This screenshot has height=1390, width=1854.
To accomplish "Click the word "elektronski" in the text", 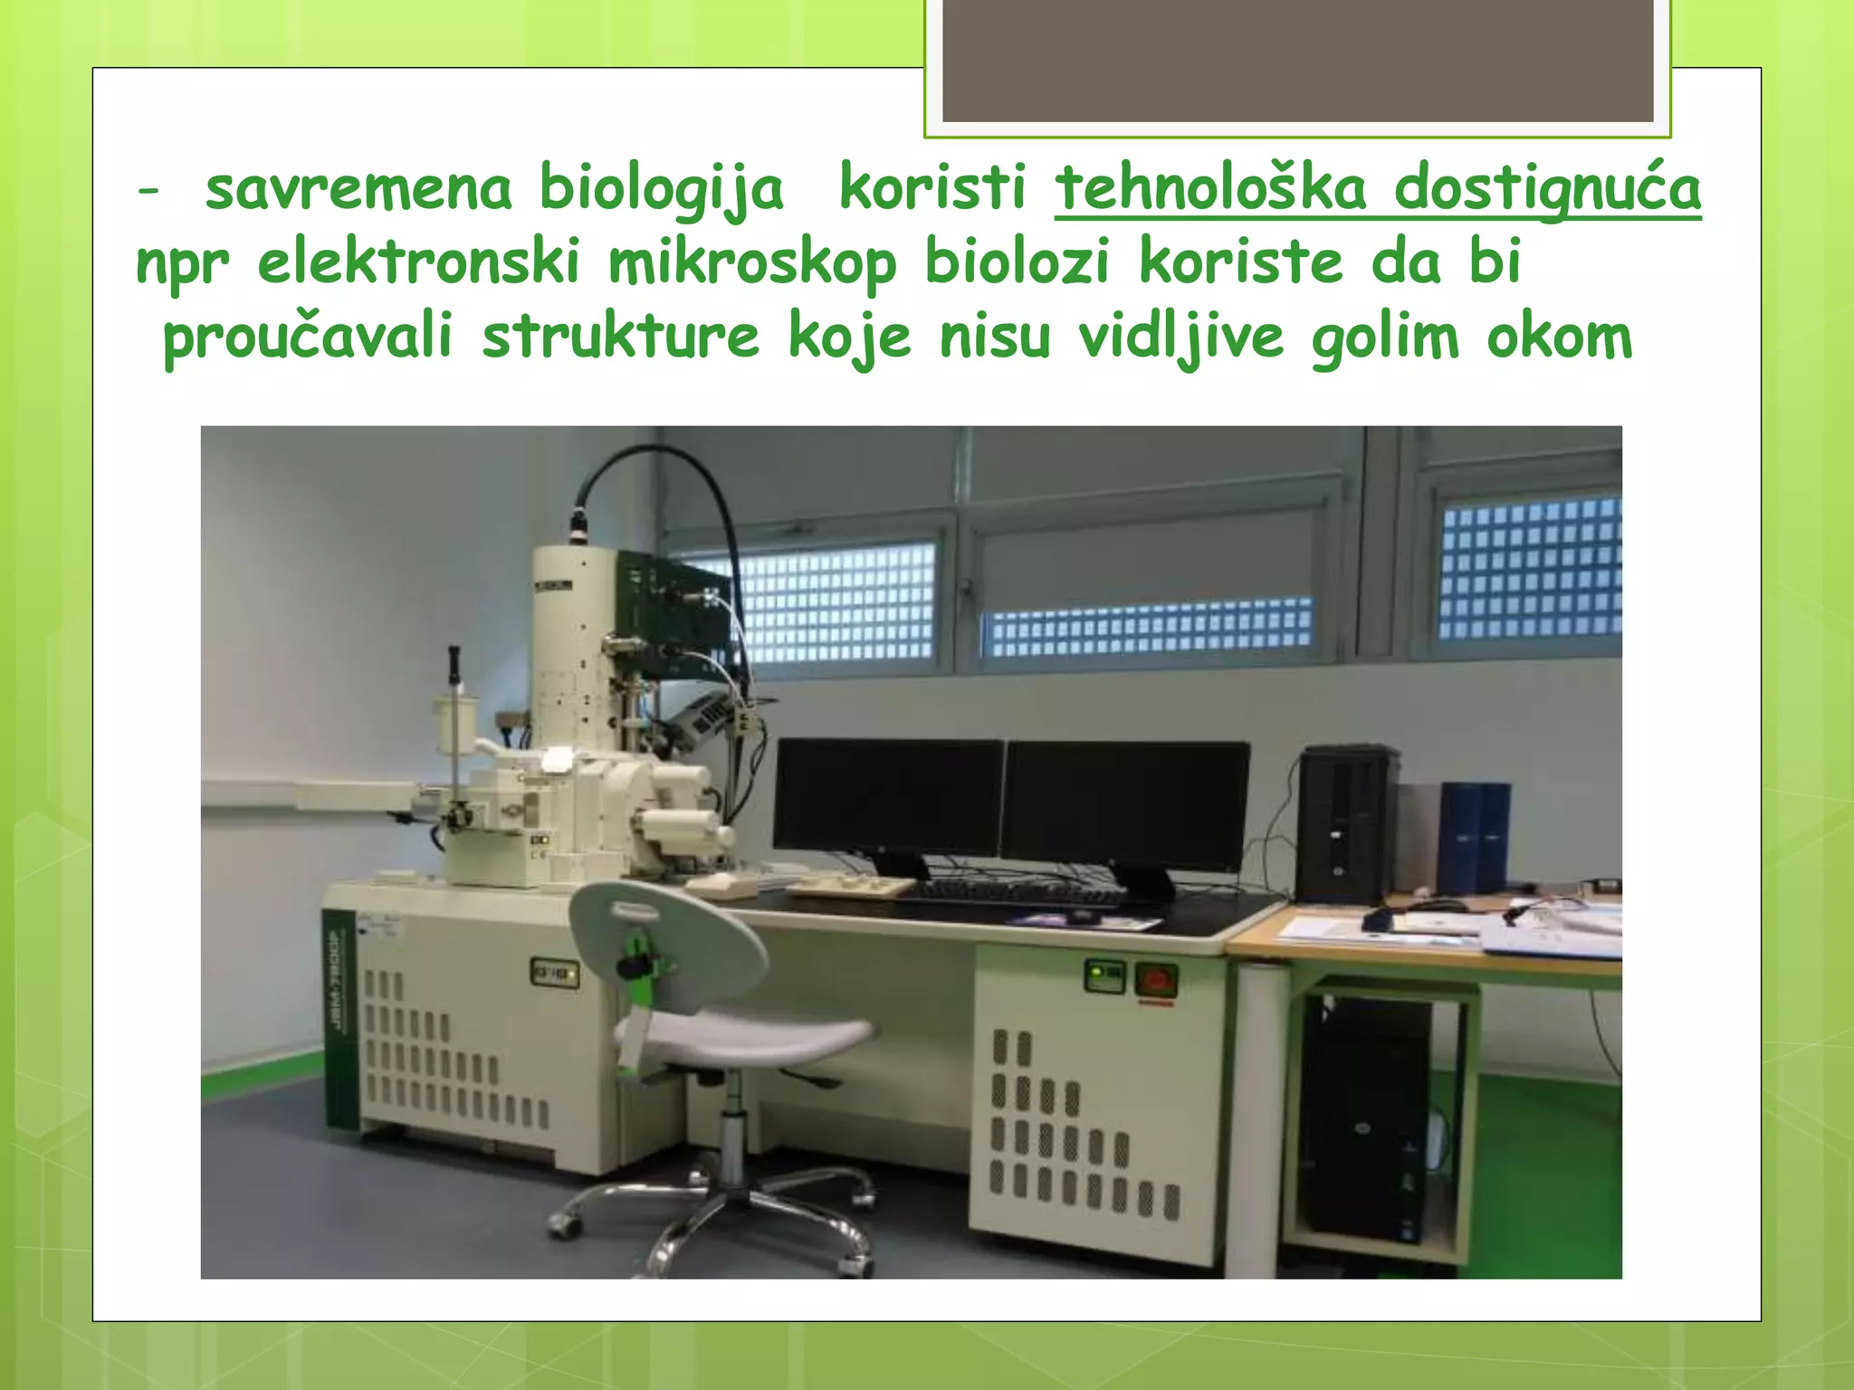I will point(418,262).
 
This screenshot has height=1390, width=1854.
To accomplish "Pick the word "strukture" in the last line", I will point(620,337).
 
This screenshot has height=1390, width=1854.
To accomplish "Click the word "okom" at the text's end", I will point(1559,337).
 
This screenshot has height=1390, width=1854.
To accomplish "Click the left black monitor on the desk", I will point(888,796).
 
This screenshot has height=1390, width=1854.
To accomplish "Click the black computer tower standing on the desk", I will point(1344,824).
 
